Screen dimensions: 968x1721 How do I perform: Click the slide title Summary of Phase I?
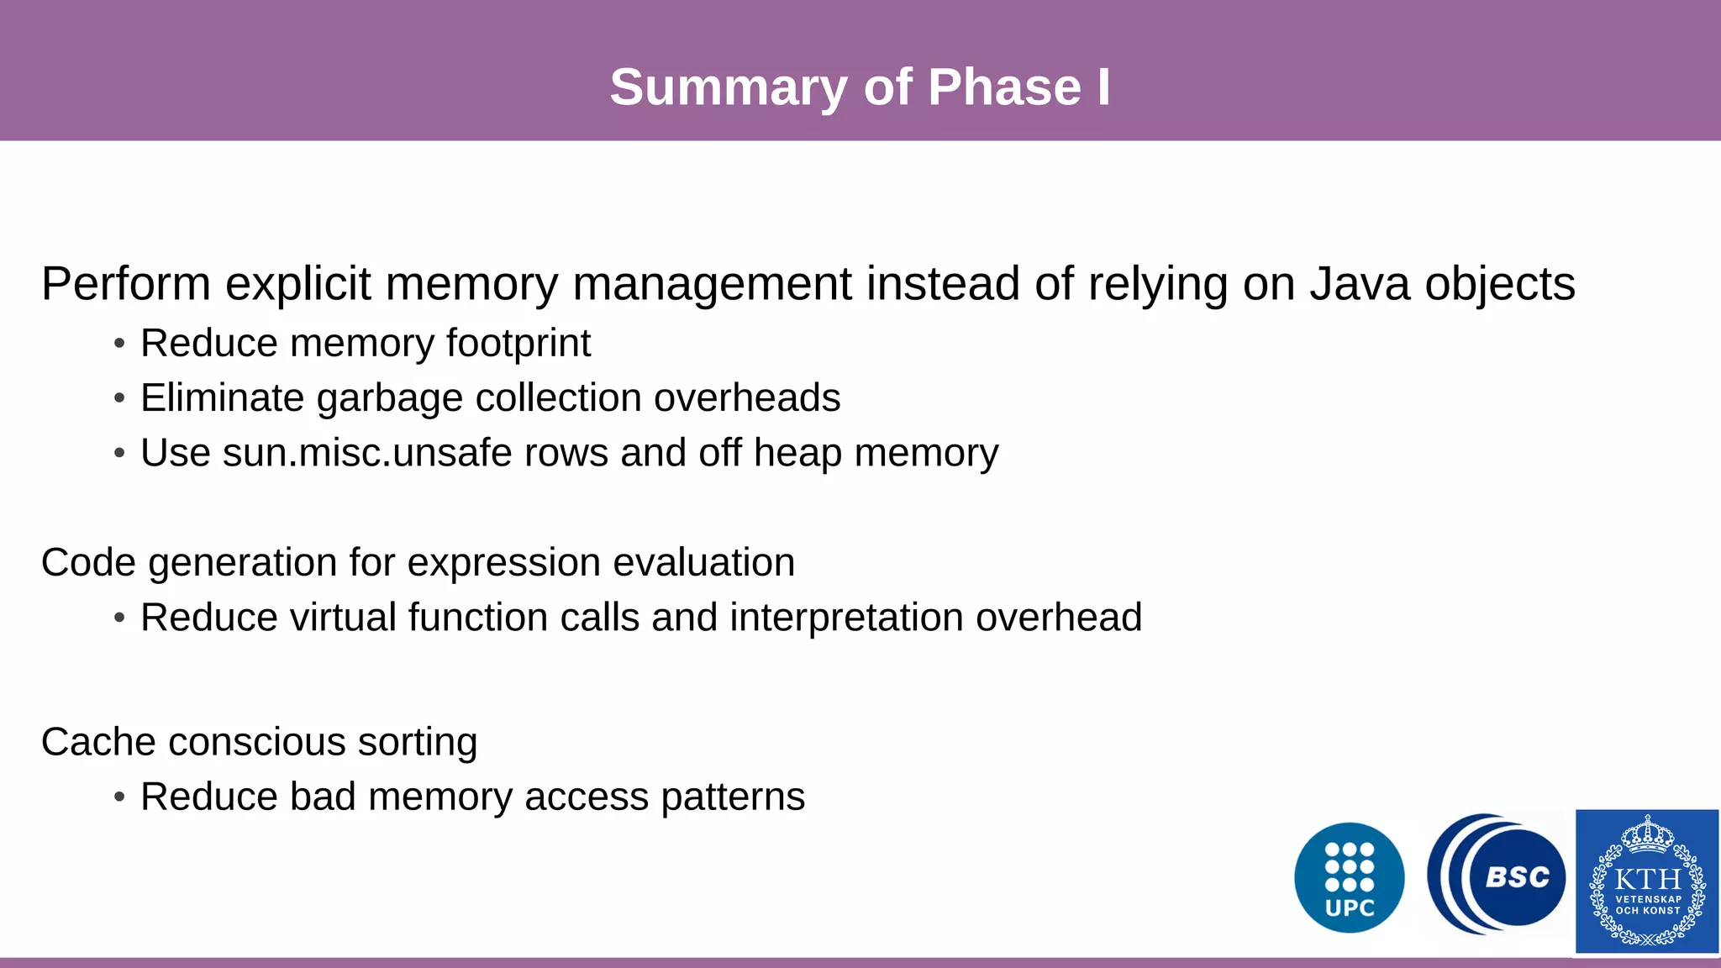860,87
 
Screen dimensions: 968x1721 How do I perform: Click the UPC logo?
1349,878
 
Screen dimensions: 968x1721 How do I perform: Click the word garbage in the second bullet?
390,398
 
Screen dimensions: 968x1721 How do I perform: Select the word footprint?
518,343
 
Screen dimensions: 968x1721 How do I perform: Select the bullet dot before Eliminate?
119,398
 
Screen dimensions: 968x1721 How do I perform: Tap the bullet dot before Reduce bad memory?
119,797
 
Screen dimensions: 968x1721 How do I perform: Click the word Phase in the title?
1004,87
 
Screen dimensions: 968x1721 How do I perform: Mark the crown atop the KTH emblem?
1648,834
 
